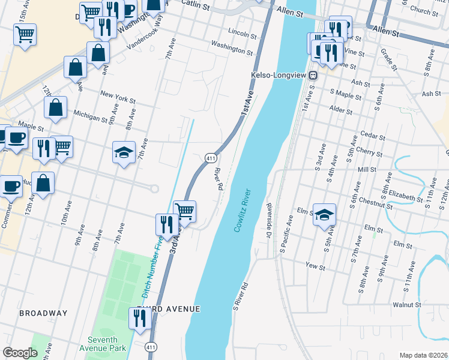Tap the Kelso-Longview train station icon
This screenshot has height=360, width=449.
(x=313, y=75)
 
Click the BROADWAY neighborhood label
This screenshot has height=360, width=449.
(x=43, y=313)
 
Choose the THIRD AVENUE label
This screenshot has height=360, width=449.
(x=168, y=308)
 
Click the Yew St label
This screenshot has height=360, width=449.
(x=315, y=265)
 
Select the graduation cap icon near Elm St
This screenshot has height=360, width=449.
(x=324, y=214)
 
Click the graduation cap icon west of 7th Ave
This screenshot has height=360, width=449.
(x=124, y=152)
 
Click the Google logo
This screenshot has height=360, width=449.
(x=20, y=353)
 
